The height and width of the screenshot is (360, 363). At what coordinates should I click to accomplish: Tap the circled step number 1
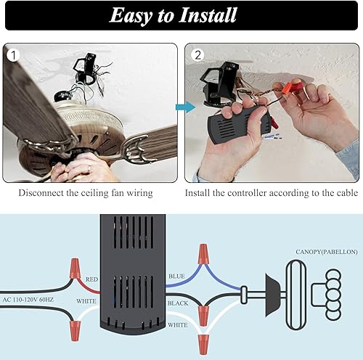12,55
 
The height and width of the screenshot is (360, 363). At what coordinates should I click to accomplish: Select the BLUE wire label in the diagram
176,276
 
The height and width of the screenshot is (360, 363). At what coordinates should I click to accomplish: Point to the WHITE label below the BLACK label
179,326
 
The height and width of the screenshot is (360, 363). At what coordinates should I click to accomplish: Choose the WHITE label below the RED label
87,300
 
